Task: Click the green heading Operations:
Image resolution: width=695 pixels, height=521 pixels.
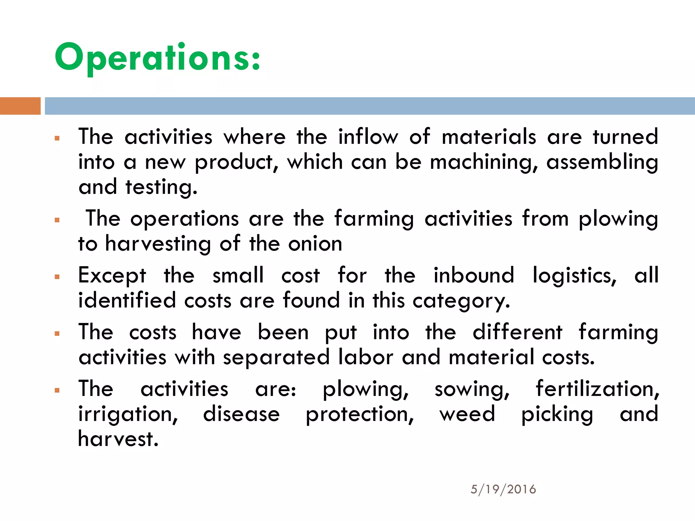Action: (x=157, y=58)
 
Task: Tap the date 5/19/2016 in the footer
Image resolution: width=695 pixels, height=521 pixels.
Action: (x=503, y=489)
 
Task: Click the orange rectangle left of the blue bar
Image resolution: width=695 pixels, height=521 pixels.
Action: (x=20, y=106)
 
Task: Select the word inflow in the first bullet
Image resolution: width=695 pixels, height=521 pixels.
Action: (x=368, y=137)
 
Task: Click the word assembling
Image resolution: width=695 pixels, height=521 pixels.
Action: (x=602, y=162)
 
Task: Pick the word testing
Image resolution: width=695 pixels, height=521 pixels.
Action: (x=161, y=188)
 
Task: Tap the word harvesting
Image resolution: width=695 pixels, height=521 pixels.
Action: (x=158, y=244)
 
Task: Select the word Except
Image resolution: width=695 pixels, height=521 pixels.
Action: (x=112, y=275)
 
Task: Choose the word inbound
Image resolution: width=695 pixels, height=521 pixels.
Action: (x=474, y=275)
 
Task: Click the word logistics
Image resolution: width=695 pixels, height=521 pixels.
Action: (x=574, y=275)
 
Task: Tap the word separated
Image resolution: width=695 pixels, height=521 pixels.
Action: (x=276, y=358)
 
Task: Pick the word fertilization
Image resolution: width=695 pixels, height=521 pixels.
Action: (x=597, y=389)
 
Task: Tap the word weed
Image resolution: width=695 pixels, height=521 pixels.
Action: (x=467, y=414)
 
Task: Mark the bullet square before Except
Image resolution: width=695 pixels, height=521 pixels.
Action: (x=57, y=277)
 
